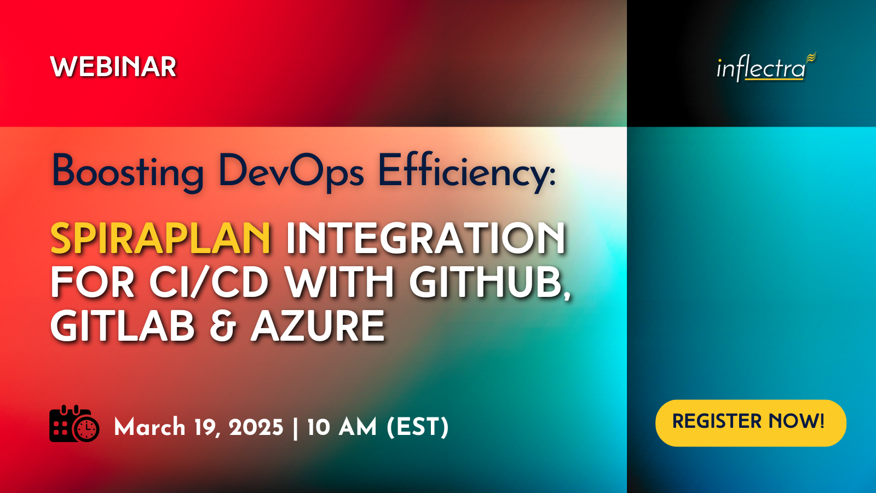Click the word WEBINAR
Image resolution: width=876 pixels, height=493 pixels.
point(113,67)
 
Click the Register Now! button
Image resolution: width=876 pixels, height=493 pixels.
point(751,423)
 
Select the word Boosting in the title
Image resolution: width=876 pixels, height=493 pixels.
point(128,172)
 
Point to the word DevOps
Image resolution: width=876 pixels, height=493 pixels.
point(292,172)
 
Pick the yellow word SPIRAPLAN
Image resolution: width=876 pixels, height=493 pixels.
point(160,238)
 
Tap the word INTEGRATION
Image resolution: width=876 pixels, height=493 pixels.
point(426,238)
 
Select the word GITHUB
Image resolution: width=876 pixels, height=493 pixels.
point(489,283)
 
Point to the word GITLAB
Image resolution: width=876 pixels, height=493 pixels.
point(123,325)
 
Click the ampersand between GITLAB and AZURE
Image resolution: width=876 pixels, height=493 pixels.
point(222,325)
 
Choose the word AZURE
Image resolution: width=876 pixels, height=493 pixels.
point(318,325)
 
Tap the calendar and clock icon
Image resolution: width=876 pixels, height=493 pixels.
point(74,424)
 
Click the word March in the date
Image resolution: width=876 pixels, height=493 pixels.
point(150,427)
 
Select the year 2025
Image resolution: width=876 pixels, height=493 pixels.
point(256,427)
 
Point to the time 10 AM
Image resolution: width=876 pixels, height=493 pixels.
point(342,427)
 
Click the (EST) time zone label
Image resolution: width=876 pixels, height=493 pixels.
point(417,427)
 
